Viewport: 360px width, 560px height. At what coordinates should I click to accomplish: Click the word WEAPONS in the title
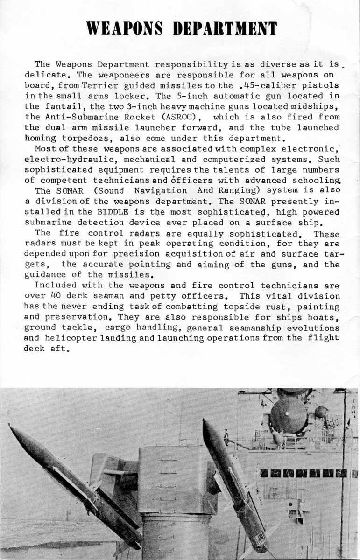[125, 28]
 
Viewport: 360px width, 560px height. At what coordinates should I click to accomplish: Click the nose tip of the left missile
[11, 427]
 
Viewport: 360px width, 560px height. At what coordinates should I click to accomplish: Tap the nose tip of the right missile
[204, 421]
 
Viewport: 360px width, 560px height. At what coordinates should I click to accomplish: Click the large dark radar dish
[288, 415]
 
